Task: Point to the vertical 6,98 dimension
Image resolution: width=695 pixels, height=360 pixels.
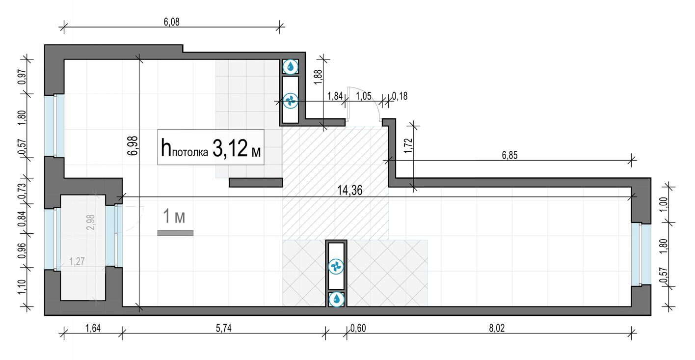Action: coord(132,145)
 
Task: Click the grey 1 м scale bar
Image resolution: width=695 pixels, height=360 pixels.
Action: coord(175,233)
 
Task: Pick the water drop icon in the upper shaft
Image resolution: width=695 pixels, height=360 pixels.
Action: coord(291,67)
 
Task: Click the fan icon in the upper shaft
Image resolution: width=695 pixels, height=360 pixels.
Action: coord(291,100)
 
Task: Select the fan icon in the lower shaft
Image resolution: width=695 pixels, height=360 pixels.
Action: coord(337,266)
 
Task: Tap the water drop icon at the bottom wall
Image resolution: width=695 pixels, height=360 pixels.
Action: coord(337,299)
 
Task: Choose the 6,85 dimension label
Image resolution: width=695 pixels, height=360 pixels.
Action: coord(510,155)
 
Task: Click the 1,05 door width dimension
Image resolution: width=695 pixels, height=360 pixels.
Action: coord(364,96)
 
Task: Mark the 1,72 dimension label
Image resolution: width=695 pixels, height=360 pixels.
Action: coord(408,144)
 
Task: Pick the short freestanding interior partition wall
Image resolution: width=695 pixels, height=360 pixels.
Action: coord(256,183)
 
